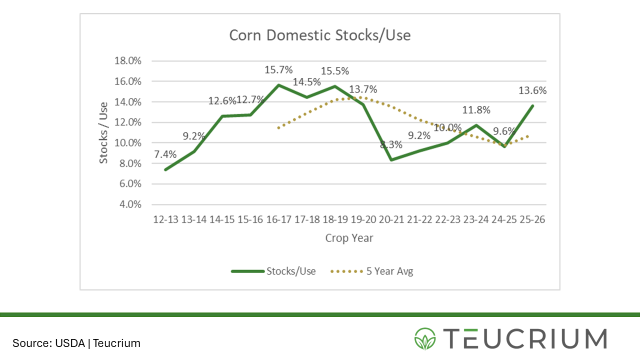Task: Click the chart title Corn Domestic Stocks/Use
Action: (x=319, y=35)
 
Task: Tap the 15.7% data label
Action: (x=278, y=69)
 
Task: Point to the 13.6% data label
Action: (x=532, y=90)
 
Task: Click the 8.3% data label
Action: (x=390, y=145)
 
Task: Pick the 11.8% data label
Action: (x=476, y=110)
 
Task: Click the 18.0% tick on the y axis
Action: (x=128, y=61)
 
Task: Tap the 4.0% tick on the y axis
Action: (x=130, y=204)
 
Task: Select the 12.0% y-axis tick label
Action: (x=128, y=122)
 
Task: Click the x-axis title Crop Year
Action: (x=348, y=238)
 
